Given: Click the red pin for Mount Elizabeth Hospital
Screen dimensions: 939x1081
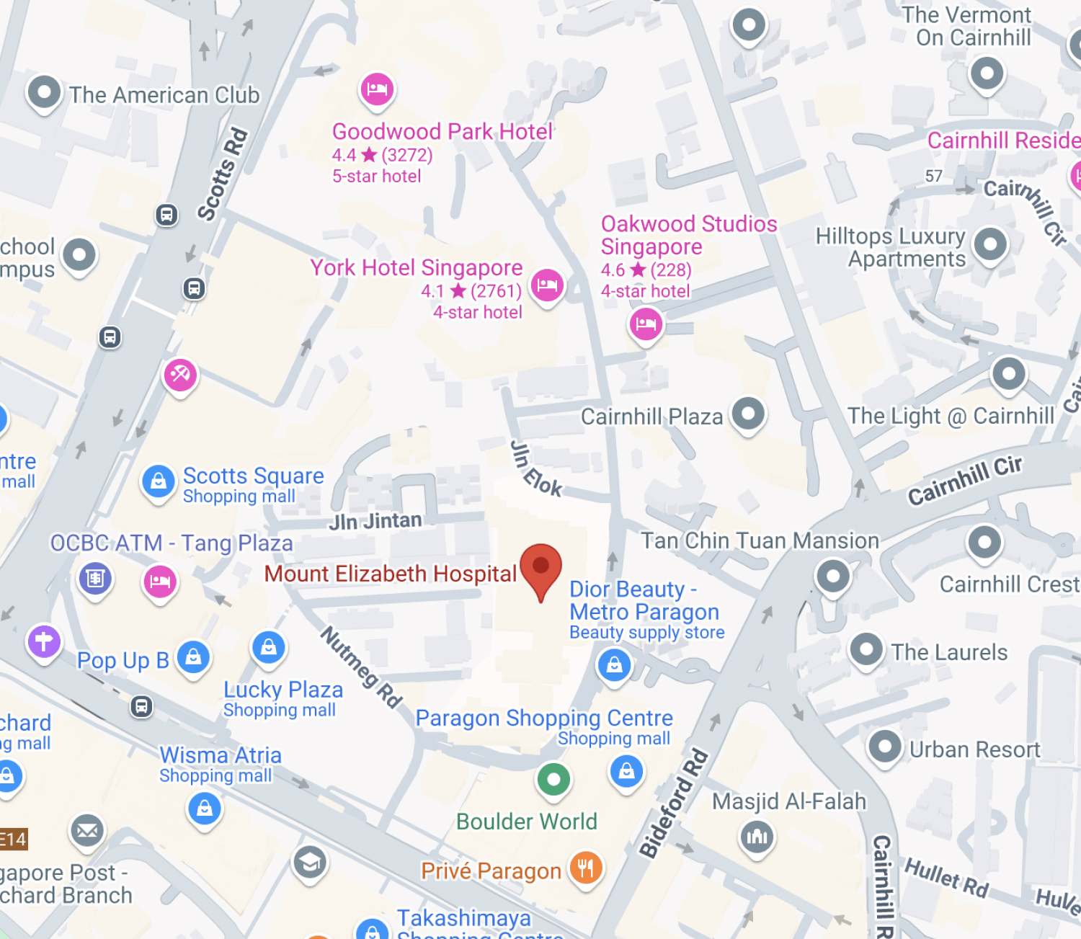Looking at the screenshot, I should tap(540, 566).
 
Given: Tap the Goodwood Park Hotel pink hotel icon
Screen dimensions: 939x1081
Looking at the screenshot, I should tap(377, 89).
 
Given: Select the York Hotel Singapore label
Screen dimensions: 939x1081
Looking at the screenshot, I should tap(416, 267).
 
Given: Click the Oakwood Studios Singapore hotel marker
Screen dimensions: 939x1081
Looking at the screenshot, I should tap(646, 324).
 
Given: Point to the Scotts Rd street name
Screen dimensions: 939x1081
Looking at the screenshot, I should tap(223, 174).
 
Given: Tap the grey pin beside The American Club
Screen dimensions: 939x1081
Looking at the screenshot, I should tap(44, 92).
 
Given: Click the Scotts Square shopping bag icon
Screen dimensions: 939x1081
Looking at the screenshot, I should tap(159, 481).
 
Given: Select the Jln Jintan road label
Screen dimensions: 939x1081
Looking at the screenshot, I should tap(375, 520).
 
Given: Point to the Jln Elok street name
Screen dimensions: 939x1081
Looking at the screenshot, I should tap(535, 469).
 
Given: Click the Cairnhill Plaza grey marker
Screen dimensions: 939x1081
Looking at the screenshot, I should tap(748, 414).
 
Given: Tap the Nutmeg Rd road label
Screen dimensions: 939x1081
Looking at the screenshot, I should tap(361, 667).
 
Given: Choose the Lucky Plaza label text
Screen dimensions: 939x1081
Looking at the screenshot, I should tap(283, 690).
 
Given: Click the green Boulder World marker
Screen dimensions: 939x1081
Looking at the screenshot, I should tap(553, 779).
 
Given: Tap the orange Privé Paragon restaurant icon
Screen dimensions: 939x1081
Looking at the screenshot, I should tap(585, 868).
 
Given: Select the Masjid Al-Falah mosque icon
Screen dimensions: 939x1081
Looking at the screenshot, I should tap(757, 836).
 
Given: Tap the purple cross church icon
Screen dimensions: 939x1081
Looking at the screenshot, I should tap(44, 641).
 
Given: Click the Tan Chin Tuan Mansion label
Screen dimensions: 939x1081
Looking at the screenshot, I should tap(760, 540).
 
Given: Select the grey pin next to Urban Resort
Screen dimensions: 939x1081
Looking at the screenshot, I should tap(885, 747).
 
